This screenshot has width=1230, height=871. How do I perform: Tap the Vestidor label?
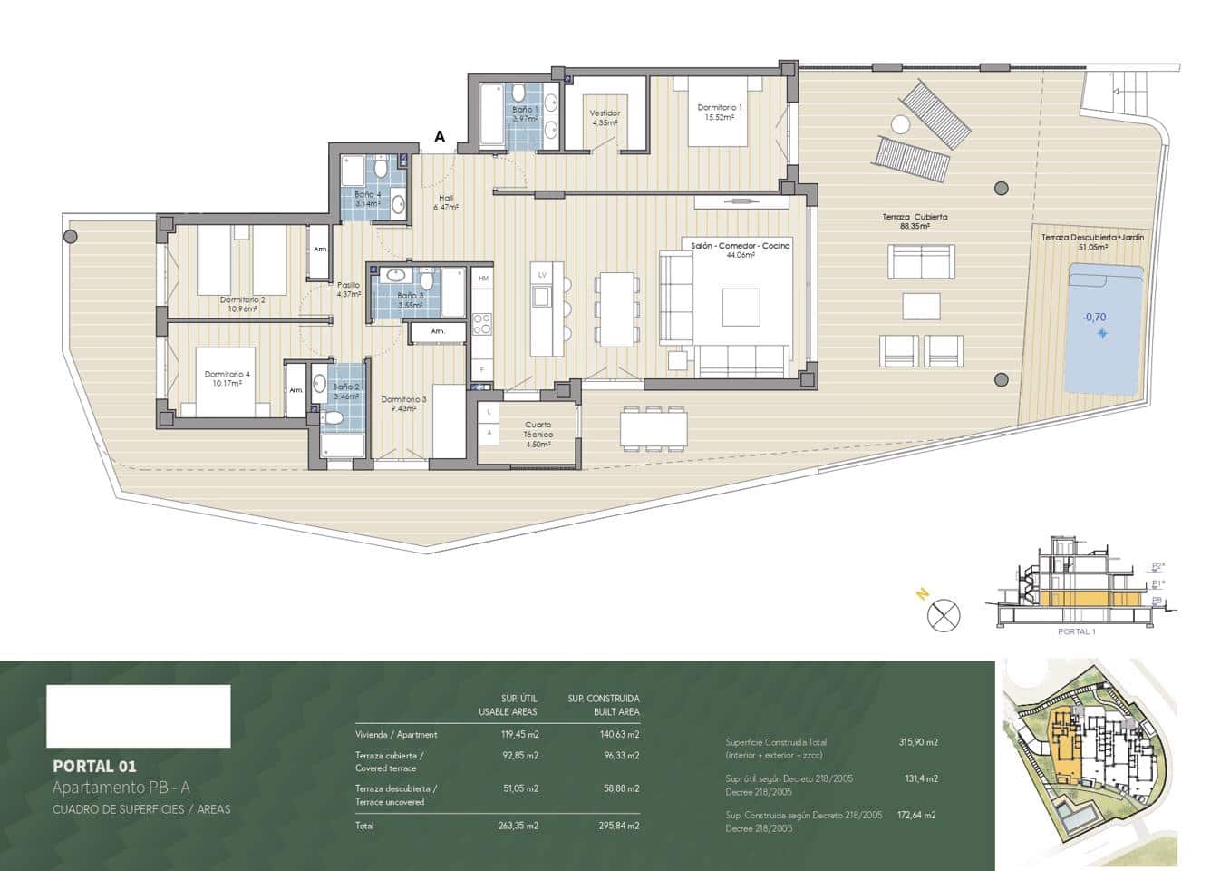(x=605, y=118)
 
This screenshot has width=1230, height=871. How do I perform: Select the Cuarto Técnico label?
(x=538, y=429)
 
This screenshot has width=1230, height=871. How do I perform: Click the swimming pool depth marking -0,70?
(x=1094, y=317)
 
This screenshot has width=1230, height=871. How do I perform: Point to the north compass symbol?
(x=943, y=615)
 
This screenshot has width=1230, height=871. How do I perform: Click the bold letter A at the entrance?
(x=440, y=136)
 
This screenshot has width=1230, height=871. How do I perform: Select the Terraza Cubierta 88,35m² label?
(x=915, y=221)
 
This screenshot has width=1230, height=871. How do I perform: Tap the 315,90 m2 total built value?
(x=917, y=742)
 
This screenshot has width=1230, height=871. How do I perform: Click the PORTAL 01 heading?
(x=94, y=766)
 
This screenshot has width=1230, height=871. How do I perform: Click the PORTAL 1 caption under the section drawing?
(x=1077, y=631)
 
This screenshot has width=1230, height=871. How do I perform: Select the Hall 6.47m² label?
(x=446, y=202)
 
